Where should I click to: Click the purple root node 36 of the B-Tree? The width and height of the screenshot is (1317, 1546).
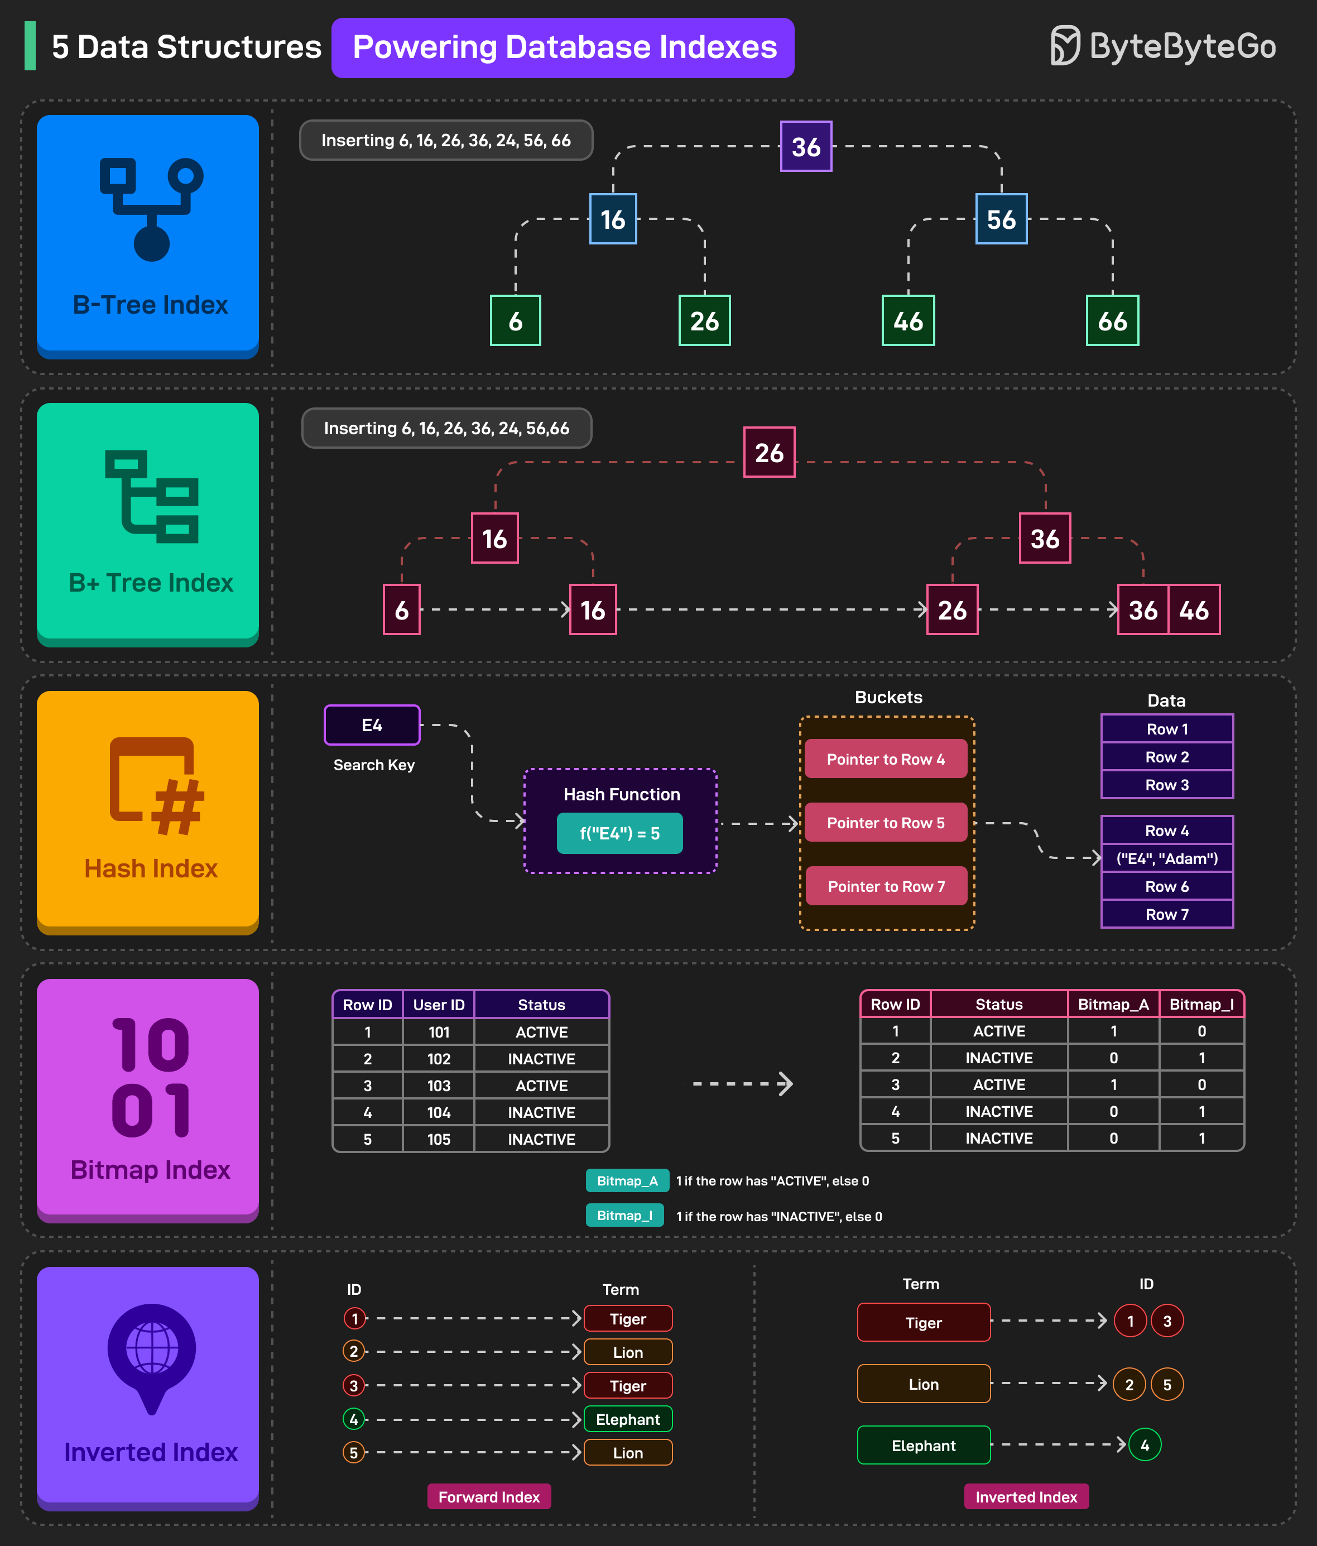[x=806, y=146]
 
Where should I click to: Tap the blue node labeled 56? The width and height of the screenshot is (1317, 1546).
[x=1001, y=219]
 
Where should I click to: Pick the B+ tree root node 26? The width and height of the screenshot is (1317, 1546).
[x=770, y=452]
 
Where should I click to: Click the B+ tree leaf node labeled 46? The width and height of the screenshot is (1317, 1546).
[x=1194, y=611]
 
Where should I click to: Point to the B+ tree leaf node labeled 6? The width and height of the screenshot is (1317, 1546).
[x=401, y=611]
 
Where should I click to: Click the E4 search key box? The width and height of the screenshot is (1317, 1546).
[x=372, y=725]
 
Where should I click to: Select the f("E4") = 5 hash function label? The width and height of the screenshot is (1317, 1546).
[x=619, y=833]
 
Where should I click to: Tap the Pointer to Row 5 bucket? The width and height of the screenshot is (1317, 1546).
[x=886, y=823]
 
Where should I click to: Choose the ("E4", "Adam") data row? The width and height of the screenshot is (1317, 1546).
[x=1167, y=859]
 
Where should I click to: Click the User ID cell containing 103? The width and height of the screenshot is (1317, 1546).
[x=439, y=1086]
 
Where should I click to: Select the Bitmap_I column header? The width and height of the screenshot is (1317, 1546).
[x=1201, y=1004]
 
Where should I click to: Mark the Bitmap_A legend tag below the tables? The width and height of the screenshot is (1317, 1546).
[x=627, y=1180]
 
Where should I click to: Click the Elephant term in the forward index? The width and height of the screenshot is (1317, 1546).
[x=628, y=1419]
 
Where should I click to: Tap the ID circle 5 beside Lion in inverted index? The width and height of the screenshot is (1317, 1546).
[x=1167, y=1385]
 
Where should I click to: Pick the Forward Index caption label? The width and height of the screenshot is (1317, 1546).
[x=489, y=1497]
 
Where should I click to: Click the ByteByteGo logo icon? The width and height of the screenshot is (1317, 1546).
[x=1065, y=46]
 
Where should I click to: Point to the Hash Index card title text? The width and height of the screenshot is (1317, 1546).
[x=151, y=868]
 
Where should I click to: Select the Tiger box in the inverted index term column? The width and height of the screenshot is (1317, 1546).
[x=924, y=1323]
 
